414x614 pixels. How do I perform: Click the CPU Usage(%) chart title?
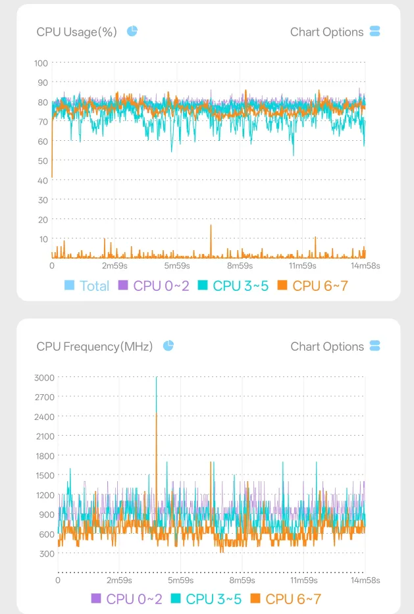click(x=77, y=32)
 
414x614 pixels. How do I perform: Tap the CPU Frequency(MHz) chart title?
click(x=94, y=347)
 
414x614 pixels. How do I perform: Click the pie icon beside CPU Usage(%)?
click(x=132, y=31)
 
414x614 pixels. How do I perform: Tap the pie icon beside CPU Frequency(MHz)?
click(x=168, y=345)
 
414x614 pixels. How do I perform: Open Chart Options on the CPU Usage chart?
click(x=335, y=32)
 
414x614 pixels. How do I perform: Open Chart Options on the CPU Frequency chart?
click(x=335, y=347)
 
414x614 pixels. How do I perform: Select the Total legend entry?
click(x=87, y=286)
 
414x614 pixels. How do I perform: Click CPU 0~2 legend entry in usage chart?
click(x=154, y=286)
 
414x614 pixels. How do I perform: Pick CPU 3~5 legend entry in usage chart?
click(x=234, y=286)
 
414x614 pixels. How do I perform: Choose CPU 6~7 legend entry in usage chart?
click(x=313, y=286)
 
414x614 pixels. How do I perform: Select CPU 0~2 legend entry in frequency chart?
click(x=126, y=599)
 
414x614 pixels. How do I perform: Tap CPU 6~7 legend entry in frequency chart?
click(x=286, y=599)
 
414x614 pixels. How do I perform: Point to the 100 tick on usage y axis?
click(x=41, y=63)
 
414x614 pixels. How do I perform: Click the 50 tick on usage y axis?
click(x=43, y=161)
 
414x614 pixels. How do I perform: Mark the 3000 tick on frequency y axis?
click(x=44, y=378)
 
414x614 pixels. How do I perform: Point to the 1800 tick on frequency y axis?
click(x=45, y=456)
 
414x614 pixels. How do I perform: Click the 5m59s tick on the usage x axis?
click(x=177, y=266)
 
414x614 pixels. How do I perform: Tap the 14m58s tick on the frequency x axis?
click(x=365, y=580)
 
